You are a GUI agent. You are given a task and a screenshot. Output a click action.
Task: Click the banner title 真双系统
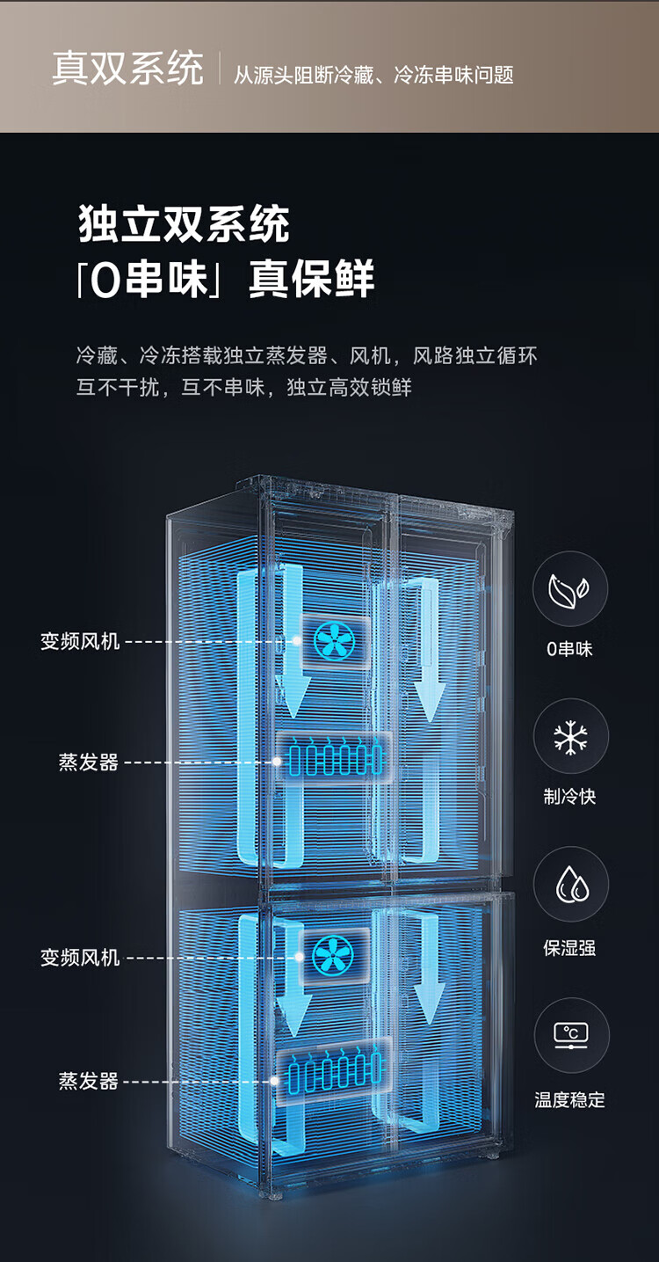pyautogui.click(x=127, y=69)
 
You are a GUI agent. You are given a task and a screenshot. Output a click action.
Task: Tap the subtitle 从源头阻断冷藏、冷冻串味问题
pyautogui.click(x=373, y=75)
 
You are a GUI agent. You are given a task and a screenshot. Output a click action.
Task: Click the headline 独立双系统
pyautogui.click(x=184, y=223)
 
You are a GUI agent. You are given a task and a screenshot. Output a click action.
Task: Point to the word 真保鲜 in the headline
pyautogui.click(x=311, y=278)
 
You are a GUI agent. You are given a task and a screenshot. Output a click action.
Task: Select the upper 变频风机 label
pyautogui.click(x=80, y=641)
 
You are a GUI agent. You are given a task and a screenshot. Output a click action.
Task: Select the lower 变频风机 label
pyautogui.click(x=80, y=957)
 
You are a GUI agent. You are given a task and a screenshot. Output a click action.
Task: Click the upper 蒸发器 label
pyautogui.click(x=89, y=762)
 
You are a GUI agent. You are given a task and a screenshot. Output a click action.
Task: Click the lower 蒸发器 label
pyautogui.click(x=89, y=1081)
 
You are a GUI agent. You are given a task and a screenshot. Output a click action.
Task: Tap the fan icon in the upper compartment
pyautogui.click(x=334, y=641)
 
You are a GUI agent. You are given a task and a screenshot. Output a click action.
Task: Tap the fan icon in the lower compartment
pyautogui.click(x=334, y=956)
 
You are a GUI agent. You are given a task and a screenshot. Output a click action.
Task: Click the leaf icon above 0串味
pyautogui.click(x=569, y=589)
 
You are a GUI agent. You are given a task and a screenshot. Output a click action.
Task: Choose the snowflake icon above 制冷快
pyautogui.click(x=570, y=737)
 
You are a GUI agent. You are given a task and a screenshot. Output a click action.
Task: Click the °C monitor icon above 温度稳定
pyautogui.click(x=571, y=1035)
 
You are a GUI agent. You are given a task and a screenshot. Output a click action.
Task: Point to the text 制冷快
pyautogui.click(x=569, y=797)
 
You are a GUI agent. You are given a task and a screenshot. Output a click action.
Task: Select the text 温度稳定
pyautogui.click(x=569, y=1099)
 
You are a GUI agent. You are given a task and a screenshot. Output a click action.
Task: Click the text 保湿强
pyautogui.click(x=569, y=948)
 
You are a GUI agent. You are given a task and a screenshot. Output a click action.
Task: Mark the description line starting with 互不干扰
pyautogui.click(x=243, y=388)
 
